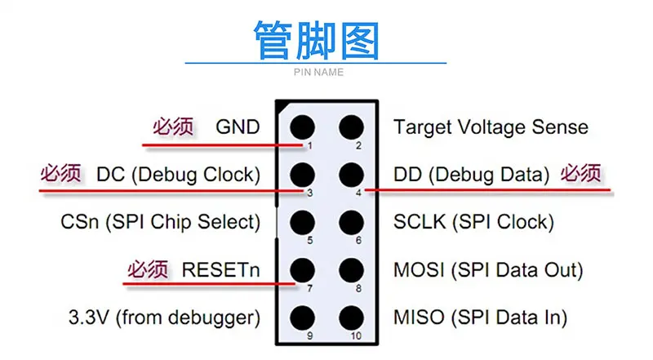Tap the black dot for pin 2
(351, 127)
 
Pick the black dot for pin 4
(351, 175)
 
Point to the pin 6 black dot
(351, 222)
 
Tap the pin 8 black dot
(351, 269)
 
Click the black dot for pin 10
(351, 317)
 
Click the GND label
(238, 127)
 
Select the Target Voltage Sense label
(490, 127)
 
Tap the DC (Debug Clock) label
(178, 175)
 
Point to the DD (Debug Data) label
(472, 175)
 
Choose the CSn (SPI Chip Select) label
(160, 222)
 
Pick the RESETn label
(221, 269)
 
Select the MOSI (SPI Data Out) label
(487, 269)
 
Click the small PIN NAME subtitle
(318, 73)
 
